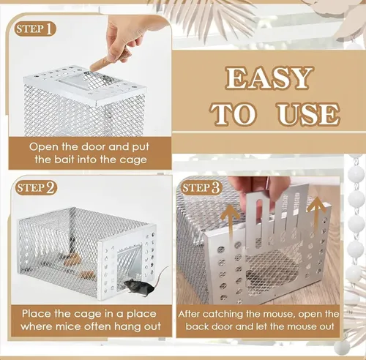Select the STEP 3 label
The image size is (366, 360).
(199, 188)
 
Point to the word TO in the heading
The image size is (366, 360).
(235, 113)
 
